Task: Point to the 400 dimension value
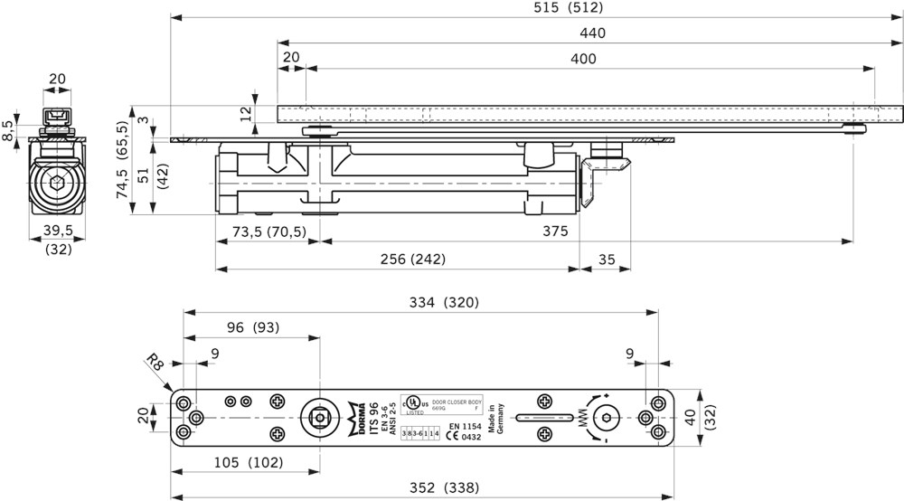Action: click(x=583, y=59)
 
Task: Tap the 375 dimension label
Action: click(x=555, y=232)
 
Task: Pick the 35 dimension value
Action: click(x=606, y=260)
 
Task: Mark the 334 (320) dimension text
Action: click(x=442, y=302)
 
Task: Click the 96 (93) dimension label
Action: click(x=252, y=327)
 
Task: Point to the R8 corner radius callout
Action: click(x=155, y=362)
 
